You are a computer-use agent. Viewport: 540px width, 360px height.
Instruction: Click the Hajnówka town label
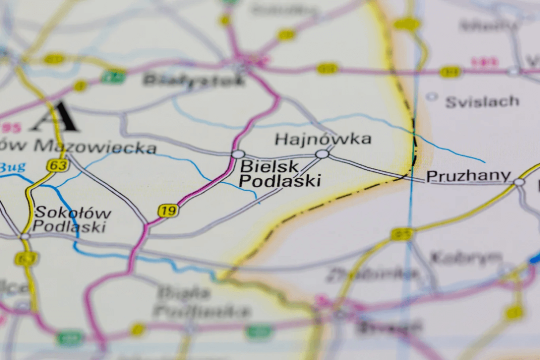coord(322,139)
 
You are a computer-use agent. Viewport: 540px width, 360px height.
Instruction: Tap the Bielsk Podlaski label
coord(279,174)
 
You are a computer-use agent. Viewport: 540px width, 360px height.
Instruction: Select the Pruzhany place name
coord(468,175)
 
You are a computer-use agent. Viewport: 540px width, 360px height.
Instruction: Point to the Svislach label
coord(482,102)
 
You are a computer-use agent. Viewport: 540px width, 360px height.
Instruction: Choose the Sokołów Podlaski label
coord(72,219)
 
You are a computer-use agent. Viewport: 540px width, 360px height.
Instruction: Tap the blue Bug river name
coord(13,168)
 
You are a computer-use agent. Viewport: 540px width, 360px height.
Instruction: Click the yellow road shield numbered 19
coord(167,211)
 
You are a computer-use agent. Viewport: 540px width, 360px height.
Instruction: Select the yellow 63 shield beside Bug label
coord(58,166)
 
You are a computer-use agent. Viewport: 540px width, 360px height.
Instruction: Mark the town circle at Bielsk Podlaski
coord(238,154)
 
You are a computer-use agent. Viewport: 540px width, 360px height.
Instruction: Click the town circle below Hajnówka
coord(322,154)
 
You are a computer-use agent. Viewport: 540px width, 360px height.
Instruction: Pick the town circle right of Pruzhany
coord(519,182)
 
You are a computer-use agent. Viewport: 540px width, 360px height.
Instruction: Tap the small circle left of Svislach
coord(432,97)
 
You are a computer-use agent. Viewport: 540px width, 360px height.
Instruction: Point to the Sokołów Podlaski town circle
coord(25,236)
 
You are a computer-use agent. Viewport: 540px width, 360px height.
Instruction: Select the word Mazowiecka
coord(95,147)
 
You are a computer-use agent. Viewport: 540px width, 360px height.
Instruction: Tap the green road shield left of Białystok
coord(113,76)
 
